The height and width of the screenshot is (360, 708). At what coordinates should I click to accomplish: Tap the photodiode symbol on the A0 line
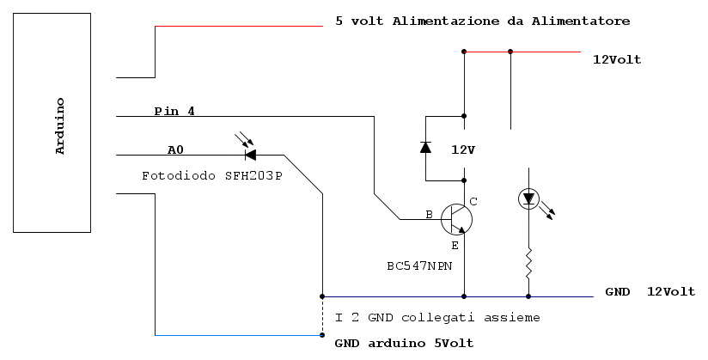pos(250,155)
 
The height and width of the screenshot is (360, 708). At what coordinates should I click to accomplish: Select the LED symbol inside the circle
pos(528,199)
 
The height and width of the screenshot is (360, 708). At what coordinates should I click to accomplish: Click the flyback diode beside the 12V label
pos(425,147)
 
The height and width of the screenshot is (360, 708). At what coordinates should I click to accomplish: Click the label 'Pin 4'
pos(174,111)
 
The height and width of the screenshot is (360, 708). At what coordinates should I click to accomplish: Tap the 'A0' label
pos(175,149)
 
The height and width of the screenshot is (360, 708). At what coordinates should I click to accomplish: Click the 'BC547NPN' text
pos(420,266)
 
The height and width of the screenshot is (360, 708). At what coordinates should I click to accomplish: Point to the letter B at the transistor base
pos(430,214)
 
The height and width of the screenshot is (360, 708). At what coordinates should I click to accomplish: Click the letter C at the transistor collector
pos(473,201)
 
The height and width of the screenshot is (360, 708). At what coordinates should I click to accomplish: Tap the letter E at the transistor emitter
pos(455,245)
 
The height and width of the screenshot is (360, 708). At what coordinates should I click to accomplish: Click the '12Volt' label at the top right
pos(616,59)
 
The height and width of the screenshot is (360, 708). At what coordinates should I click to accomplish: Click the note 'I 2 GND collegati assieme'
pos(437,317)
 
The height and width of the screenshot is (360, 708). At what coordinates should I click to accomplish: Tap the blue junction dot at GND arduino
pos(322,334)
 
